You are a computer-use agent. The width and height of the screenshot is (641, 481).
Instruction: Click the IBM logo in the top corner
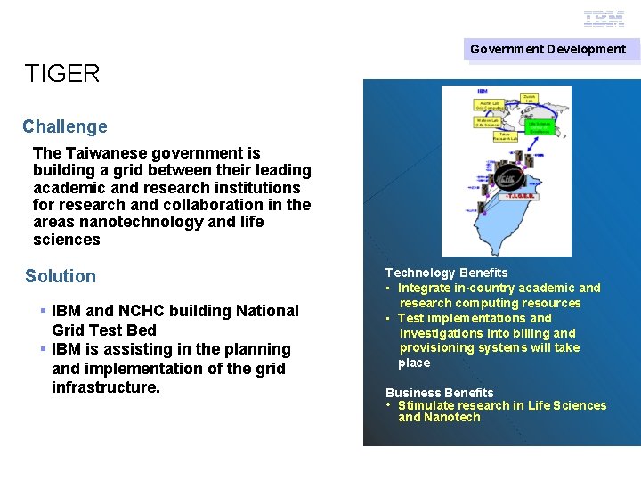point(604,19)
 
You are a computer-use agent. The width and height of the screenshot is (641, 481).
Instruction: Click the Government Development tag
point(548,49)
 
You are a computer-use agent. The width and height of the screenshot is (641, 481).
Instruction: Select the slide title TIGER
point(62,74)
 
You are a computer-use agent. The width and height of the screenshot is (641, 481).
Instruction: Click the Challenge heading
point(65,126)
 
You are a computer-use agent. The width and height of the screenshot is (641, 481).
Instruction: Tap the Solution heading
point(61,276)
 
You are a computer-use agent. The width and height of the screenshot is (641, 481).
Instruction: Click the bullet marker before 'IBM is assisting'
point(43,349)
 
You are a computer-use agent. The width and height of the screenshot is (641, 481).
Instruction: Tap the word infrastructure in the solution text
point(106,387)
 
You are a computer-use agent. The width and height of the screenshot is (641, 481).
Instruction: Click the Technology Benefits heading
point(446,273)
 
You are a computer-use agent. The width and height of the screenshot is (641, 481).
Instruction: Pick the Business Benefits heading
point(439,393)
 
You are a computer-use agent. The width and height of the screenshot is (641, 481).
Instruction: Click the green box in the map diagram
point(539,132)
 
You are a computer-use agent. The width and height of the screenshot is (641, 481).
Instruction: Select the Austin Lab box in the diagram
point(492,106)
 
